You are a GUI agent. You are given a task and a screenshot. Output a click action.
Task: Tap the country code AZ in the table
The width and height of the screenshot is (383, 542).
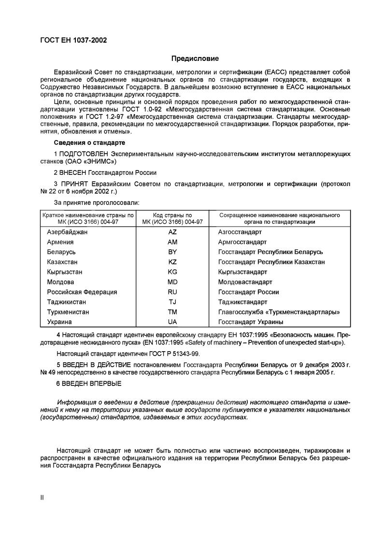172,232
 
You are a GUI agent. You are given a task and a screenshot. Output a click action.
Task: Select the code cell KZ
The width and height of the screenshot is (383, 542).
172,262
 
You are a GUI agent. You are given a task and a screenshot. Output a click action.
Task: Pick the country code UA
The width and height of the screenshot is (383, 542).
172,322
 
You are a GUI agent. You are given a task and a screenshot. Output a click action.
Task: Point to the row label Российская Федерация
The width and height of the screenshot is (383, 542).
82,292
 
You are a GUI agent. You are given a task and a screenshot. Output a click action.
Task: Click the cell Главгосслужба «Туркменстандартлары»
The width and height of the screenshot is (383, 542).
279,312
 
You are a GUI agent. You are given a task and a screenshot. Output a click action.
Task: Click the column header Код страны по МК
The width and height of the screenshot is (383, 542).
172,218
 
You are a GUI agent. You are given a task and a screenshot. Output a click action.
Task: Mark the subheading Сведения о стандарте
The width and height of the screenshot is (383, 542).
89,143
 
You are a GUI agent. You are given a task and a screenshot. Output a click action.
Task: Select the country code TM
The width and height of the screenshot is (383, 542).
172,312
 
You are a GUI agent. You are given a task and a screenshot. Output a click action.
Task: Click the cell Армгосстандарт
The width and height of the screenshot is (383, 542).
242,242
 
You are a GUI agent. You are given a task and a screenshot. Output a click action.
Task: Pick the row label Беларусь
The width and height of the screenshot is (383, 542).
61,252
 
